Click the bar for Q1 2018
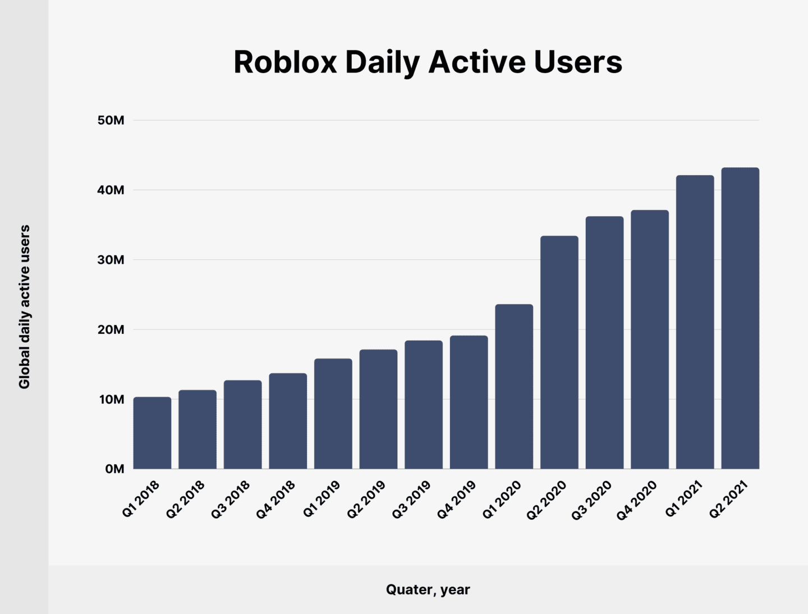coord(152,433)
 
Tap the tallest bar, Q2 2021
coord(740,318)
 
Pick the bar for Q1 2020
coord(514,387)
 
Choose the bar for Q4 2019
coord(469,402)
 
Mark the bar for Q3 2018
coord(242,425)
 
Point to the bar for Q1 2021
coord(695,322)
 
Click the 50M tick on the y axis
coord(111,120)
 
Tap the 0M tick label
coord(114,469)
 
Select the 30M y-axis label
coord(111,260)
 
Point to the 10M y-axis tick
coord(112,400)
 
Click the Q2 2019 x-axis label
coord(366,500)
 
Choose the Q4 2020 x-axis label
coord(637,500)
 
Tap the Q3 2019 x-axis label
coord(411,500)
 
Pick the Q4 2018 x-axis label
coord(276,500)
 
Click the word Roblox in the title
coord(284,62)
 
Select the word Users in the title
coord(578,62)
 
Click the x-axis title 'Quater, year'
coord(428,589)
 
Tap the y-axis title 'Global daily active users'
coord(24,306)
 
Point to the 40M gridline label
coord(111,190)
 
